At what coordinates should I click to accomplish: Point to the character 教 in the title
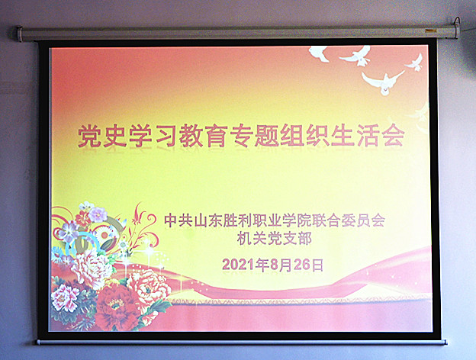click(x=191, y=136)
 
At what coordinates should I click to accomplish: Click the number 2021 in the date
click(x=238, y=265)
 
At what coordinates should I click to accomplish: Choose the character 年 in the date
click(x=262, y=265)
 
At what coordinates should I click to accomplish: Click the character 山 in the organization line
click(x=201, y=220)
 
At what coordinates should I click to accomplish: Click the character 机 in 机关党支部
click(x=244, y=239)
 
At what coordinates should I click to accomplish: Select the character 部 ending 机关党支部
click(x=304, y=239)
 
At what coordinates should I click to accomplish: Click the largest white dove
click(x=383, y=82)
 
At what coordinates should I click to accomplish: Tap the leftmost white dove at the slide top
click(x=319, y=53)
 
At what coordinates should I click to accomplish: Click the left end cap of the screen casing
click(x=19, y=34)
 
